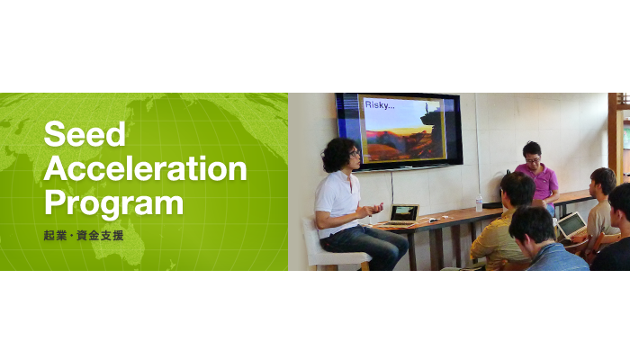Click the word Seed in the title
(x=85, y=134)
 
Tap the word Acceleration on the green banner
(x=145, y=167)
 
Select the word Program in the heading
(x=113, y=201)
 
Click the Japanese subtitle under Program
(x=83, y=236)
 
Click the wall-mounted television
(x=399, y=130)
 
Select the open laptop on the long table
(x=402, y=214)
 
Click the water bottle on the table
(x=478, y=202)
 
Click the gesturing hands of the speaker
(x=371, y=211)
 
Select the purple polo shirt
(x=537, y=179)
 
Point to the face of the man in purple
(x=533, y=155)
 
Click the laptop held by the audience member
(x=571, y=225)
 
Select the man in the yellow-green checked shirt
(x=504, y=229)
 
